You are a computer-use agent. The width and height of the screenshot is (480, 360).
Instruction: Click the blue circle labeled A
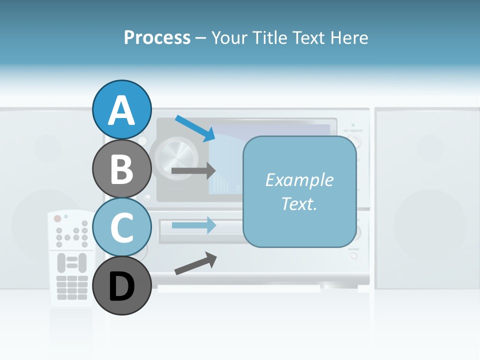(122, 109)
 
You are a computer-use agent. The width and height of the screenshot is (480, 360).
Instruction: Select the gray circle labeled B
(122, 168)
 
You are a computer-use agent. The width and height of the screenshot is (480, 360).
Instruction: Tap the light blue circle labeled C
(122, 227)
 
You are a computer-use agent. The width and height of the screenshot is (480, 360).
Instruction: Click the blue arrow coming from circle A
(195, 128)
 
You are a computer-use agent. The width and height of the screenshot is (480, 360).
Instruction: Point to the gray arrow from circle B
(193, 171)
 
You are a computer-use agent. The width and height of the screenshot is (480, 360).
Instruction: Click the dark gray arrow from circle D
(195, 263)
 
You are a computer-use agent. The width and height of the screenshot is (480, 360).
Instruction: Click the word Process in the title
(157, 37)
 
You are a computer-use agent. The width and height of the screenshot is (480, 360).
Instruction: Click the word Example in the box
(299, 180)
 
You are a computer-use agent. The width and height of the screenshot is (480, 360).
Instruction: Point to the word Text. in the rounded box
(299, 203)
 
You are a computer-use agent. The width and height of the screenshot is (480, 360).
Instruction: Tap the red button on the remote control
(57, 218)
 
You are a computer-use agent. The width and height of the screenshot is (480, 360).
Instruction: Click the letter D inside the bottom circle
(122, 287)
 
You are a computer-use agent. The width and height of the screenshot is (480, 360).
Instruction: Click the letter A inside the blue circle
(122, 110)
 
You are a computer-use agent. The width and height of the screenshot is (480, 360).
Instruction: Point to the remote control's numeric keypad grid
(72, 287)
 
